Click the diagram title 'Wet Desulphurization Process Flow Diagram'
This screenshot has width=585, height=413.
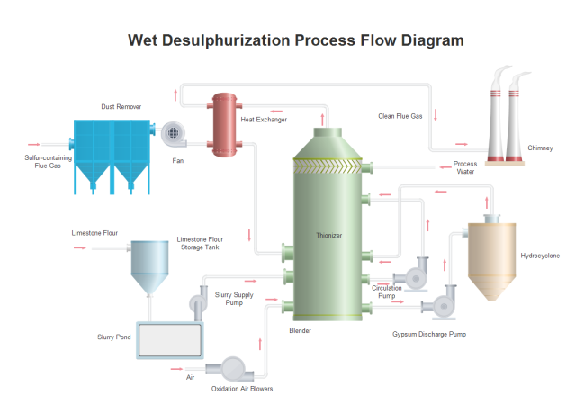(x=296, y=40)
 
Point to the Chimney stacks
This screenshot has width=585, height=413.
(x=506, y=118)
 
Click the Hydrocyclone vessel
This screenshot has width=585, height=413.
(x=490, y=261)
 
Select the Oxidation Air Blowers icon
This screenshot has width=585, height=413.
(x=229, y=368)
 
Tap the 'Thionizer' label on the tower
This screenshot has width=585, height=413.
(x=329, y=235)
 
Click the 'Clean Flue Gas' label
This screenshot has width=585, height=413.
(x=400, y=115)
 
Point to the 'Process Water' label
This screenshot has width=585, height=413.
(x=465, y=167)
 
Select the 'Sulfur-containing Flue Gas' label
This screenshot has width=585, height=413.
(x=48, y=161)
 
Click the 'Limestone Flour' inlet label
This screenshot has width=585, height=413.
(x=94, y=233)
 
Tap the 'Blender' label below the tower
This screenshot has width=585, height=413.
(x=300, y=331)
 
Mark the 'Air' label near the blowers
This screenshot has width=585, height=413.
(x=190, y=377)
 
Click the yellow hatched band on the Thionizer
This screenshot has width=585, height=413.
(x=329, y=165)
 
